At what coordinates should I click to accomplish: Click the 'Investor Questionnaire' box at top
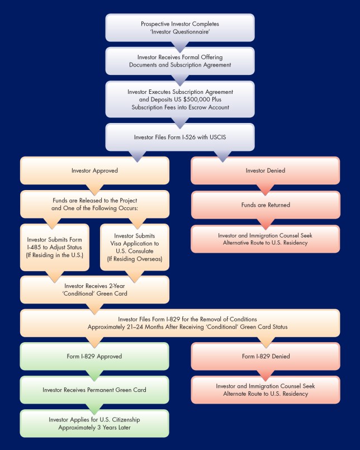[179, 28]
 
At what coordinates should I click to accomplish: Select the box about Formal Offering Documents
[179, 61]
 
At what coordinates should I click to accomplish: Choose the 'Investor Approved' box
[94, 170]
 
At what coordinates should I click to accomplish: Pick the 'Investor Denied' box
[265, 170]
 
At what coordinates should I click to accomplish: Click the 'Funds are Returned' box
[265, 205]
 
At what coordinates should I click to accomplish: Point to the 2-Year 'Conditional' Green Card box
[94, 289]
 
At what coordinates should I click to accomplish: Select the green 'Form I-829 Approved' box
[94, 356]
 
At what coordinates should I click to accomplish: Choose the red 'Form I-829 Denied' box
[265, 356]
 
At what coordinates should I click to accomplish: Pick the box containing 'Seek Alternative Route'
[265, 239]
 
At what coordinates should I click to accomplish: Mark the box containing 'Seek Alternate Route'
[265, 390]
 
